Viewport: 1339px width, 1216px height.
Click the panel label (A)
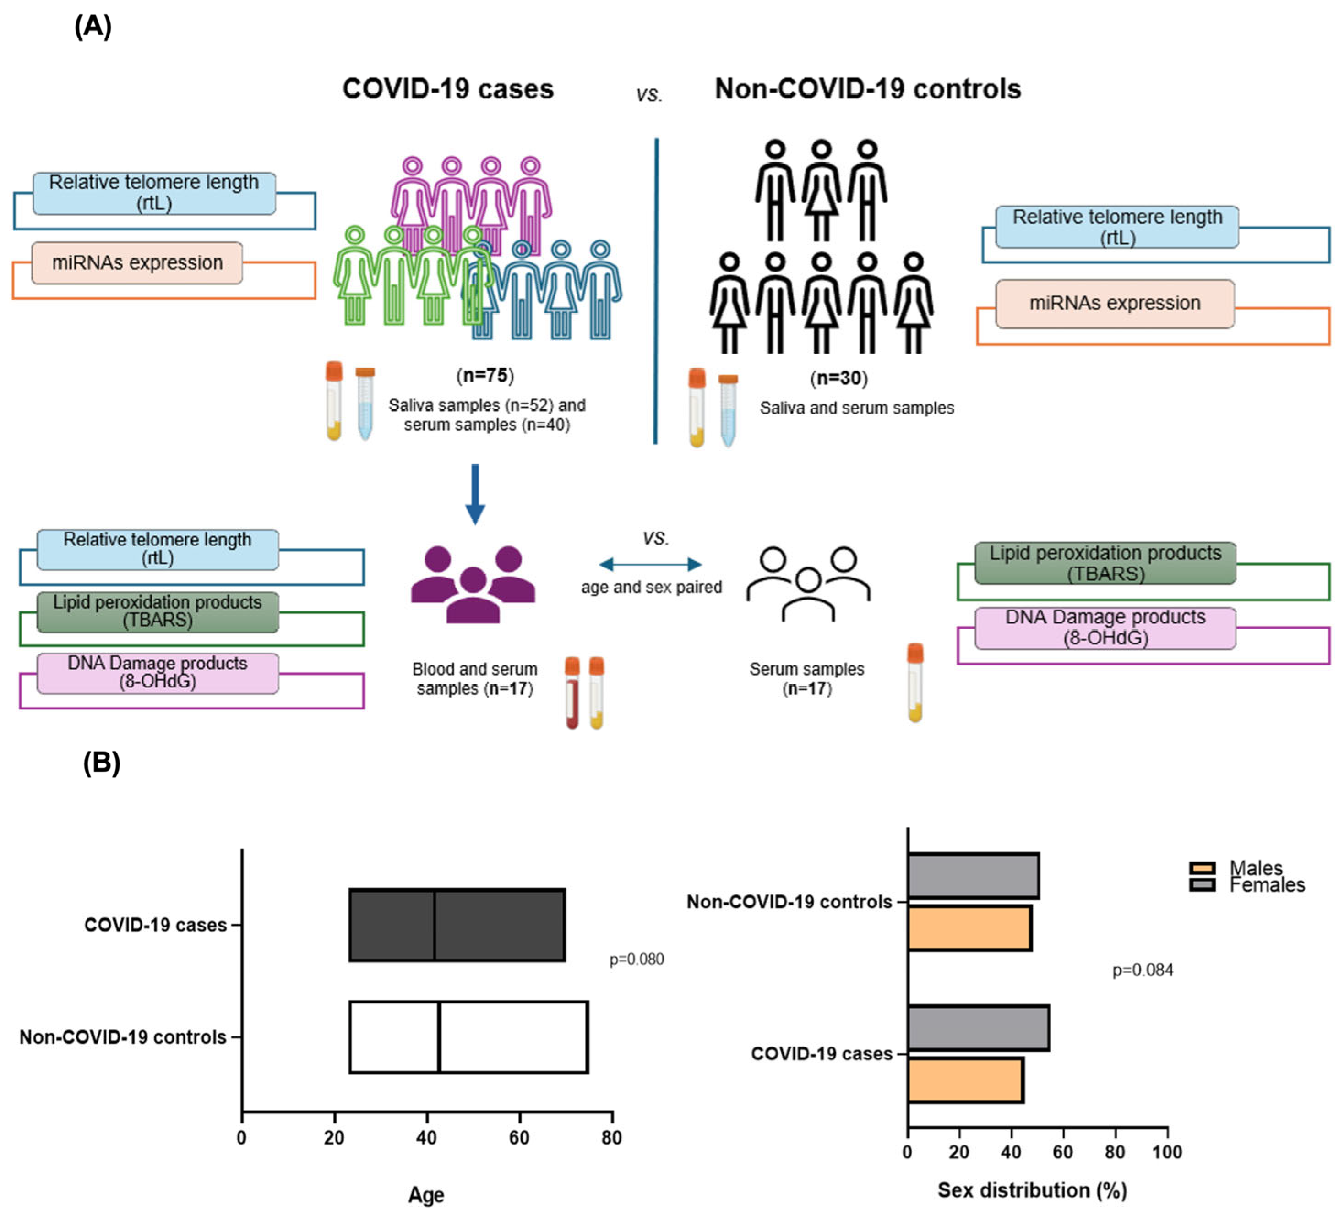point(93,27)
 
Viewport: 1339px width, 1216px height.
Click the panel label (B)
point(101,763)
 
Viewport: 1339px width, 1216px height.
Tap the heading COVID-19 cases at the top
point(448,89)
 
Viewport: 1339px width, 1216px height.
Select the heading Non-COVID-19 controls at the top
point(867,89)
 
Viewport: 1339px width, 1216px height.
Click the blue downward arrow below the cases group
point(475,494)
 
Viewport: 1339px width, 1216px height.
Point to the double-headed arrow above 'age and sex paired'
point(650,565)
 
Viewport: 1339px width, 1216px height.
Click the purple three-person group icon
point(473,584)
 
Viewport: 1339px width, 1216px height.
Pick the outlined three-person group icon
point(808,584)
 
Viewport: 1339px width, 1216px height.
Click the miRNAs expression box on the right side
point(1115,304)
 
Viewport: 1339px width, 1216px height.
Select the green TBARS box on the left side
point(158,611)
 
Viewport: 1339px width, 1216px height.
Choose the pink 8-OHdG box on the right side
point(1105,627)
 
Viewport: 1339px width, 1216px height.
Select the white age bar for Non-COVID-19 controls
point(468,1036)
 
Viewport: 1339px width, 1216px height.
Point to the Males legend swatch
point(1202,867)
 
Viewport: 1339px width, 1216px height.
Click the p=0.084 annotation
point(1143,970)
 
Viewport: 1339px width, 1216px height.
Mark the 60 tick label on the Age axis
point(519,1138)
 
